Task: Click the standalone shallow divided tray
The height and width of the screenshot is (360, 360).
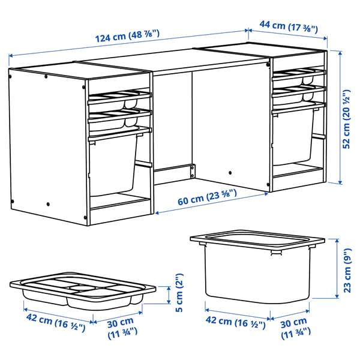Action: pos(83,292)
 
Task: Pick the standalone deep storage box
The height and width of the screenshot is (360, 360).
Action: pos(257,267)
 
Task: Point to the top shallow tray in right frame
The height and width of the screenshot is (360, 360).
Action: pos(297,74)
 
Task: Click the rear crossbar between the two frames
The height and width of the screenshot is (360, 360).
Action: pos(174,171)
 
